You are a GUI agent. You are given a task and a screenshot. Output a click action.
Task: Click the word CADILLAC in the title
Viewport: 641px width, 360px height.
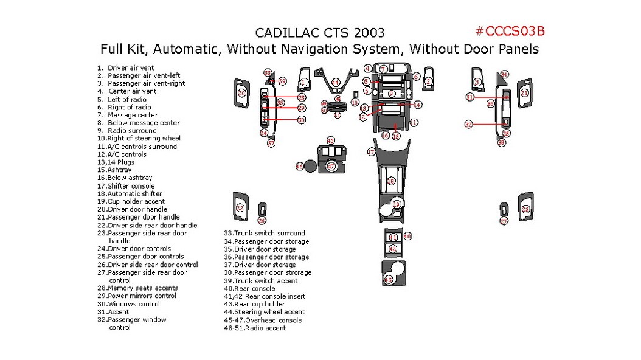click(x=286, y=33)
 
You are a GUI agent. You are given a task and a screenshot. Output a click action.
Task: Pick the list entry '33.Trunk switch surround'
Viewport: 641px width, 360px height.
click(x=265, y=233)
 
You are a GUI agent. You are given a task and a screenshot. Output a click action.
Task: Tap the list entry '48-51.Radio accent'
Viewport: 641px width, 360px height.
click(x=255, y=328)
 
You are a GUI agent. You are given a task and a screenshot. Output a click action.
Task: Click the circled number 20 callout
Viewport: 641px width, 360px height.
click(x=241, y=93)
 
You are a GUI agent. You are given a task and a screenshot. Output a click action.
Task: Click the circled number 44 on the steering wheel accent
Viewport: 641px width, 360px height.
click(x=336, y=82)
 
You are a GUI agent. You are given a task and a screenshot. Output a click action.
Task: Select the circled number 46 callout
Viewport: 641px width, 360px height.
click(x=299, y=166)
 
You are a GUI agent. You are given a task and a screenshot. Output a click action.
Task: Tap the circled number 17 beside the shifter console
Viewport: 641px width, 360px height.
click(x=371, y=152)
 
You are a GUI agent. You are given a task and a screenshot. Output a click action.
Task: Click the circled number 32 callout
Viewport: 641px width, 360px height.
click(x=469, y=125)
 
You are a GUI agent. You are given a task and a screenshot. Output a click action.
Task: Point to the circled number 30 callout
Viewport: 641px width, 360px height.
click(x=302, y=120)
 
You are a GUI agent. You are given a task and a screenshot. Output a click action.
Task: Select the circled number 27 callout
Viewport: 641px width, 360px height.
click(x=504, y=221)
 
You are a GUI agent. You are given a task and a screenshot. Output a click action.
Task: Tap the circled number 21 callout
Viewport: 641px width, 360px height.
click(x=524, y=93)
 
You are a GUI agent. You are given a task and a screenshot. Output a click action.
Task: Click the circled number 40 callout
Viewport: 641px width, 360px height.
click(x=407, y=236)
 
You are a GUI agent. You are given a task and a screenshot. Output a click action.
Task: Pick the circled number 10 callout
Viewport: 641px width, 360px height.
click(x=355, y=103)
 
